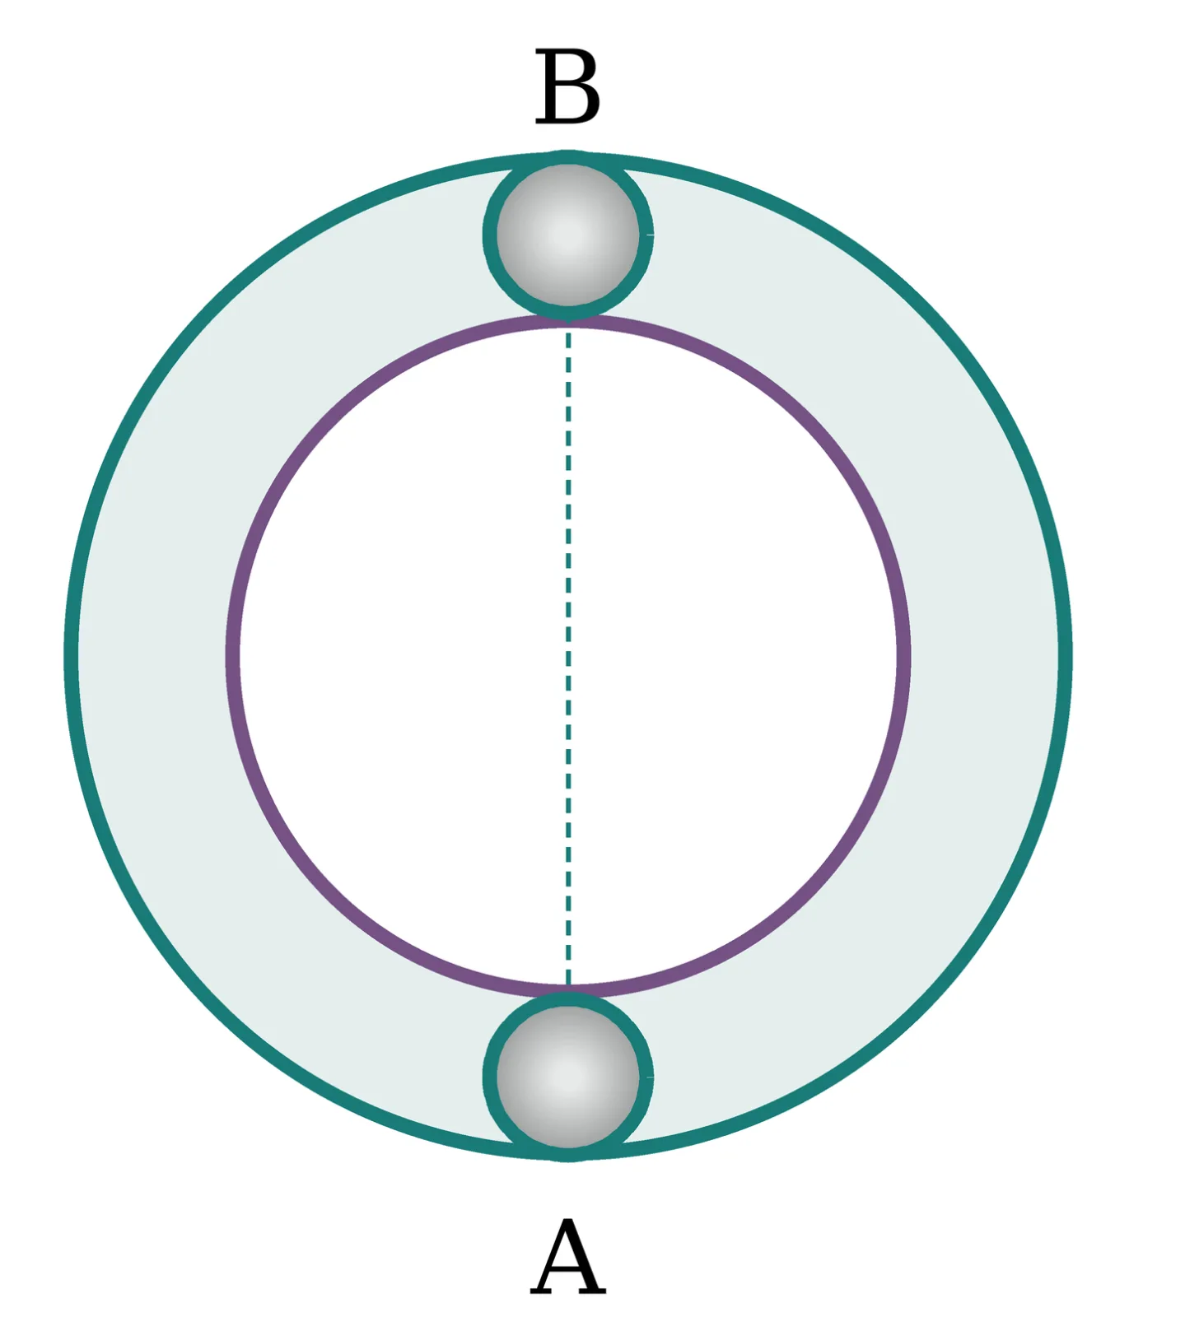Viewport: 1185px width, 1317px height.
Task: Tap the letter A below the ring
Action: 568,1257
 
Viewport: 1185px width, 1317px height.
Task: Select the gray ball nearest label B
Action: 568,235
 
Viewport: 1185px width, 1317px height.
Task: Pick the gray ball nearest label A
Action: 568,1077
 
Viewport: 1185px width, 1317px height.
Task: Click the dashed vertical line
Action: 568,656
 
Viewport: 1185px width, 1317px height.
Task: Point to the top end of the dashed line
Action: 568,328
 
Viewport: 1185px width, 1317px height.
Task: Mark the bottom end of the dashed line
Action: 568,985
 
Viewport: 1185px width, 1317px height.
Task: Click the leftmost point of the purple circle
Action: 232,656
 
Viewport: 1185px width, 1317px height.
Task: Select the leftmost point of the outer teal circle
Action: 71,656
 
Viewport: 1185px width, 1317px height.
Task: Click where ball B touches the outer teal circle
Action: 568,157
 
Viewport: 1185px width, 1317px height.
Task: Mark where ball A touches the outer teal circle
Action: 568,1155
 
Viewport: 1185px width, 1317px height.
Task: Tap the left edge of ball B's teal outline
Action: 490,235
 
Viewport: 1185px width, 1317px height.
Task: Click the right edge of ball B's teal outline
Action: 647,235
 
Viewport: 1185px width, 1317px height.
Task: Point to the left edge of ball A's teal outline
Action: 490,1077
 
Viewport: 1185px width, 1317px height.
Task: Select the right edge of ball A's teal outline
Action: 647,1077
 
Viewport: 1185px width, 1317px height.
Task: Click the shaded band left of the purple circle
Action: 152,656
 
